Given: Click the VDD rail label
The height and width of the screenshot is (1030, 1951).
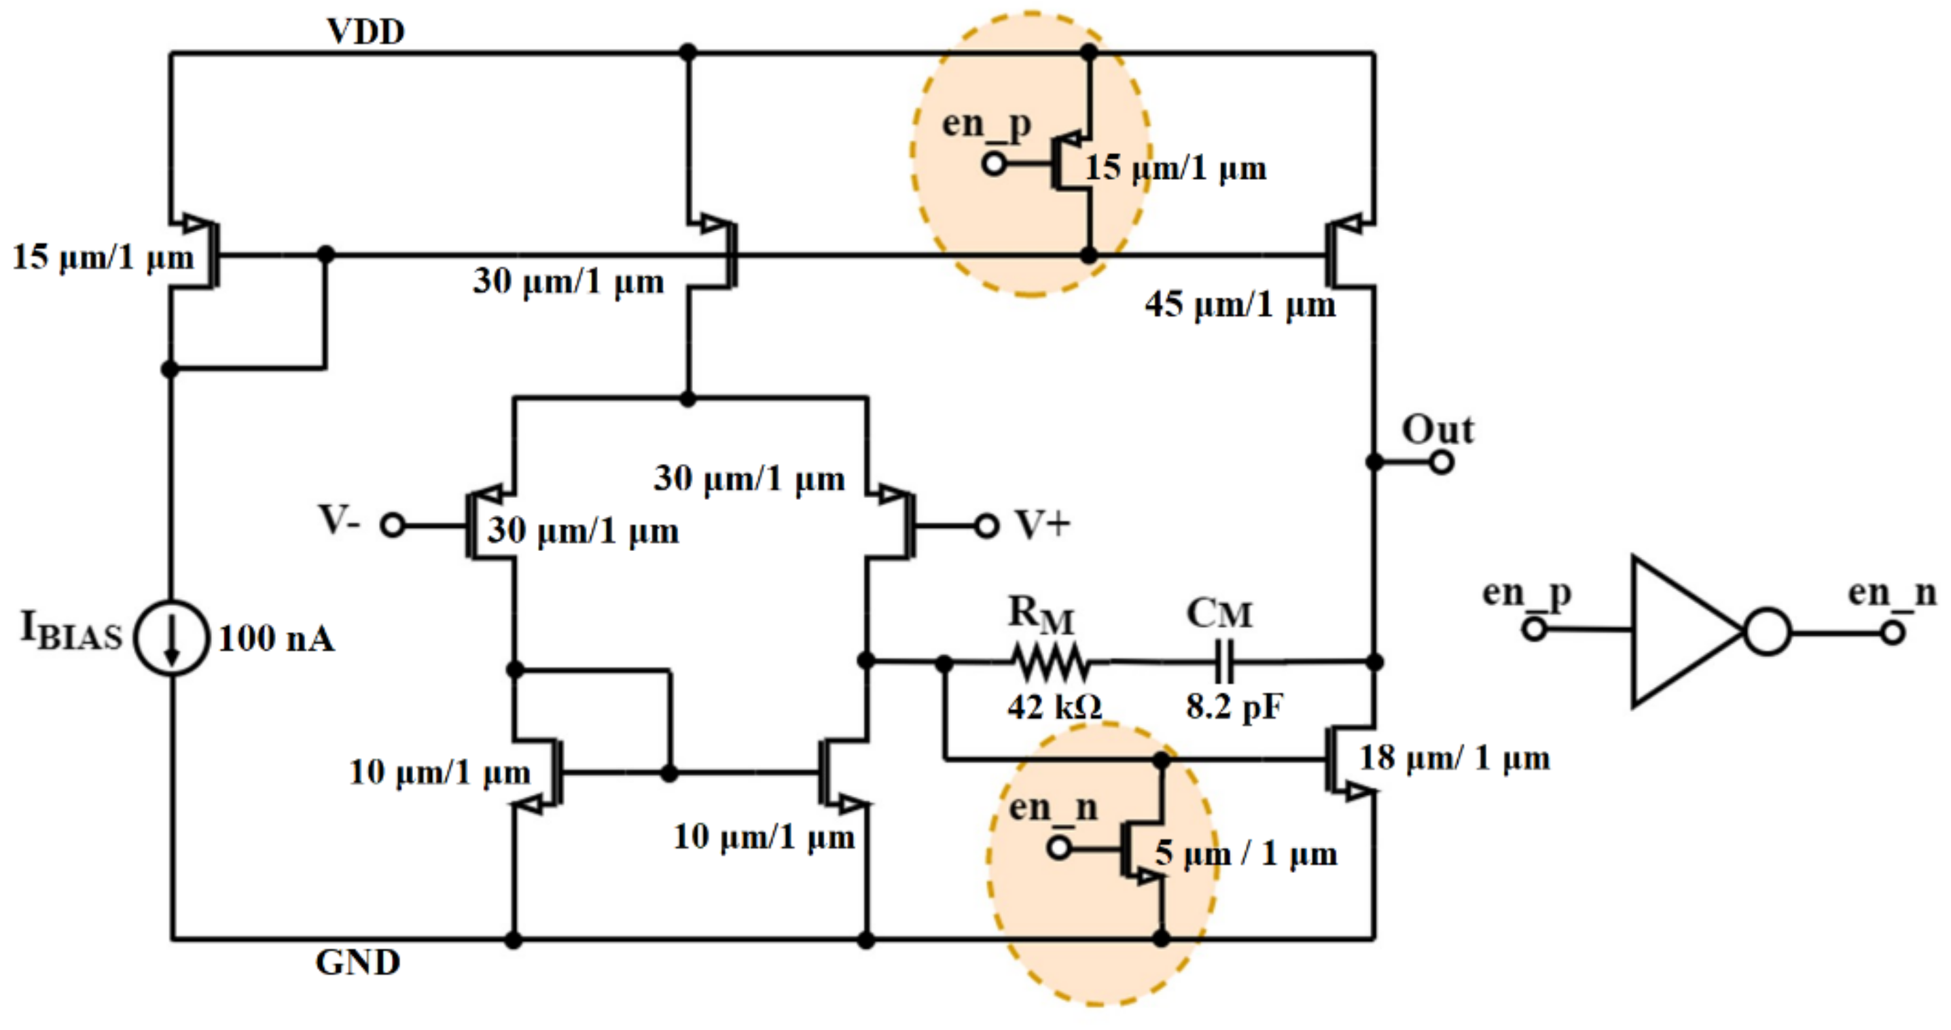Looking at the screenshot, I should pyautogui.click(x=365, y=31).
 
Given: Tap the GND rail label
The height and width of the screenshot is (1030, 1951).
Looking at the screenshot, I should pyautogui.click(x=357, y=963).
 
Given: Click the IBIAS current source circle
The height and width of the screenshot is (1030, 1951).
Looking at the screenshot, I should pyautogui.click(x=171, y=638).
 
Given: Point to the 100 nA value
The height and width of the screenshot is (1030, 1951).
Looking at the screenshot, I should pyautogui.click(x=276, y=639).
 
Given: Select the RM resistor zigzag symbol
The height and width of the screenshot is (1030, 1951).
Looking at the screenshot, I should pyautogui.click(x=1051, y=662).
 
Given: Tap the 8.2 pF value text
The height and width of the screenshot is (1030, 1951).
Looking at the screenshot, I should pyautogui.click(x=1234, y=707).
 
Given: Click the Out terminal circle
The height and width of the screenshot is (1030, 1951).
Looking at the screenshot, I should pyautogui.click(x=1442, y=462).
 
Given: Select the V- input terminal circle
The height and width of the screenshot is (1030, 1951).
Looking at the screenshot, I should pyautogui.click(x=393, y=525).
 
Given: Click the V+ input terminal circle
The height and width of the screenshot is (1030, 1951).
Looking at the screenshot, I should pyautogui.click(x=986, y=525).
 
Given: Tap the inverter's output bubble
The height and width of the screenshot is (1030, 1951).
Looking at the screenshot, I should pyautogui.click(x=1767, y=632).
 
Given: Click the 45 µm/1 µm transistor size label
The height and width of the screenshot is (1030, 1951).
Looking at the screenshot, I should pyautogui.click(x=1240, y=304).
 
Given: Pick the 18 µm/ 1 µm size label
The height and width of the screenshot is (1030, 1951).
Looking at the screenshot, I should pyautogui.click(x=1454, y=758).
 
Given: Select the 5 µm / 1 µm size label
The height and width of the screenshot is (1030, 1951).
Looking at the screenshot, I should pyautogui.click(x=1246, y=854).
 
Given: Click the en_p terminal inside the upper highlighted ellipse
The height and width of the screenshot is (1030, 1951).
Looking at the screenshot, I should pyautogui.click(x=994, y=164).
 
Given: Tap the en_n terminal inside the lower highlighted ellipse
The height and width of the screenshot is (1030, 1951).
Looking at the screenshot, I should pyautogui.click(x=1059, y=847).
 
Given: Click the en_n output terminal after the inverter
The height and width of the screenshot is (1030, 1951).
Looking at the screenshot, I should pyautogui.click(x=1893, y=632).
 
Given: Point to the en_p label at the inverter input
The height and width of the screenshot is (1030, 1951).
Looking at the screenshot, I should pyautogui.click(x=1526, y=593).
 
